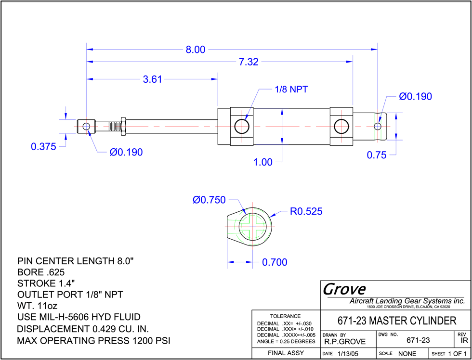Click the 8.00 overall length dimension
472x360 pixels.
pyautogui.click(x=196, y=50)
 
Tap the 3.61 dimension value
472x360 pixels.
pyautogui.click(x=152, y=79)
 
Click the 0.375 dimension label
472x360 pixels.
pyautogui.click(x=44, y=147)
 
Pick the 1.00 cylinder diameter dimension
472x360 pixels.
pyautogui.click(x=263, y=162)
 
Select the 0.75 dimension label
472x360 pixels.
pyautogui.click(x=376, y=155)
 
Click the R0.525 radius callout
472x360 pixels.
pyautogui.click(x=306, y=211)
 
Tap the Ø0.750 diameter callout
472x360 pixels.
pyautogui.click(x=209, y=200)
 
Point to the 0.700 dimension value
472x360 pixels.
pyautogui.click(x=275, y=263)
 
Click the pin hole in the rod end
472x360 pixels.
pyautogui.click(x=86, y=126)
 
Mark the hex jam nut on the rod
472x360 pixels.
pyautogui.click(x=123, y=126)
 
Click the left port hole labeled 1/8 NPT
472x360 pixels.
pyautogui.click(x=242, y=126)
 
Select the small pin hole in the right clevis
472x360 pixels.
pyautogui.click(x=378, y=126)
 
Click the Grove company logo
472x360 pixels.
pyautogui.click(x=344, y=289)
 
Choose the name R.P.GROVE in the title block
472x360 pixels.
pyautogui.click(x=345, y=342)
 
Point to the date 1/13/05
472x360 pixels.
pyautogui.click(x=347, y=354)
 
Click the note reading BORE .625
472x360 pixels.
pyautogui.click(x=41, y=272)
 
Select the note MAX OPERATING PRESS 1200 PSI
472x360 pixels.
pyautogui.click(x=93, y=341)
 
